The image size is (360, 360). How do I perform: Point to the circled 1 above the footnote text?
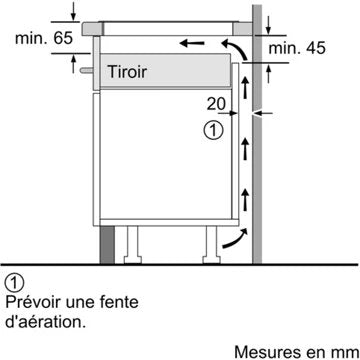(13, 280)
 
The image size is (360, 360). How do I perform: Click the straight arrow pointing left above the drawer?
(198, 43)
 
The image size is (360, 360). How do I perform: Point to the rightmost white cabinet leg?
(212, 243)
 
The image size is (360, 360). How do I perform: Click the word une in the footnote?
(84, 301)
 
